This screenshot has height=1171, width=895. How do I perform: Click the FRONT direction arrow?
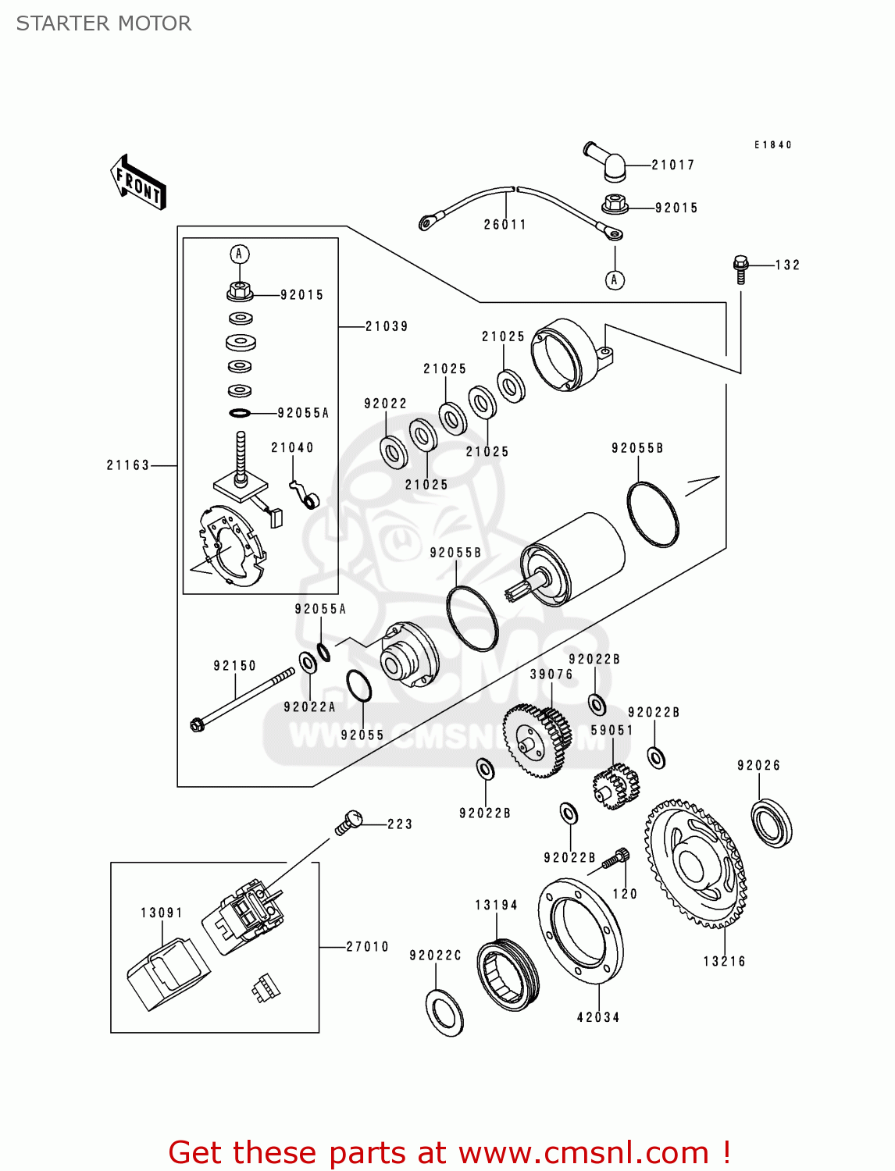click(139, 182)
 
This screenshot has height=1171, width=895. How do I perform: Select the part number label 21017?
click(672, 165)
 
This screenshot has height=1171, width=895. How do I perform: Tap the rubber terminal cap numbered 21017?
click(607, 160)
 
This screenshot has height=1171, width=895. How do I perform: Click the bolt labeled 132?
click(740, 269)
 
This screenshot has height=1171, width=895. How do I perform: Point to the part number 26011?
click(505, 225)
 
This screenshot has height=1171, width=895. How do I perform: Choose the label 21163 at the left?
click(127, 465)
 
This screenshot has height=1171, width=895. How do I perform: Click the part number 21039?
click(387, 326)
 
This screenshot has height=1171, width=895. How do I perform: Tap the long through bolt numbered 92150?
click(242, 698)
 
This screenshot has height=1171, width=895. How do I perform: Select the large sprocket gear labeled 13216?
click(695, 863)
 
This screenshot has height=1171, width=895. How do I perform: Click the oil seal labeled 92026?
click(772, 823)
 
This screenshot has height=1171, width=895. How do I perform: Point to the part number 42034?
click(598, 1017)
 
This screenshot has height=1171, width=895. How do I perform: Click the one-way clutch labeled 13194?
click(508, 974)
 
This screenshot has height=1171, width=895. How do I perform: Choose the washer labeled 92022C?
click(445, 1013)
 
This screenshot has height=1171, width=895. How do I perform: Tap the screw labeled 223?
click(349, 822)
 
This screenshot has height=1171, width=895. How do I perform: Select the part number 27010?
click(367, 947)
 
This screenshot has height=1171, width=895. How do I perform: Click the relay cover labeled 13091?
click(168, 976)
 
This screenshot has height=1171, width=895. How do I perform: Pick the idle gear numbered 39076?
click(537, 740)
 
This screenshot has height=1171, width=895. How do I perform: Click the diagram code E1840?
click(773, 145)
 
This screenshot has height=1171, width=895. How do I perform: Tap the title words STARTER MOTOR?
click(104, 23)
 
